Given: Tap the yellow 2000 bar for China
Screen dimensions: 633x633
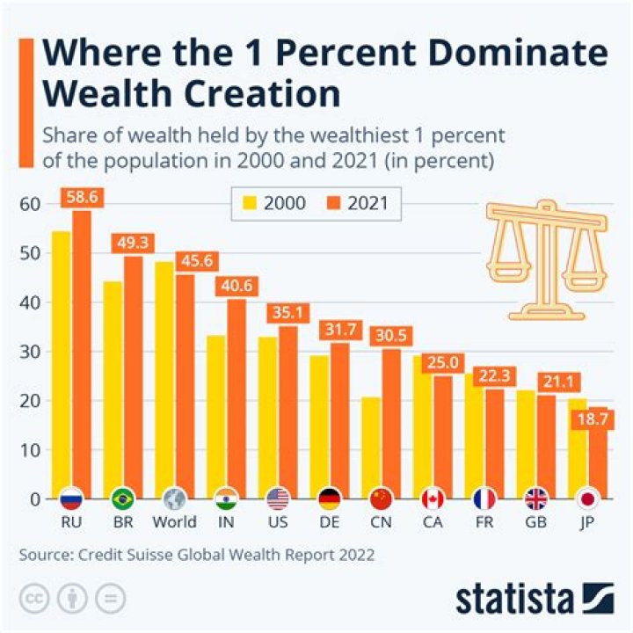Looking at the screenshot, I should pos(369,444).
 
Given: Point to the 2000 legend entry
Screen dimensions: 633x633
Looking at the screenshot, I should pos(273,204).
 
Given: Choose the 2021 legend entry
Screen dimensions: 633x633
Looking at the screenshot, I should pos(364,204).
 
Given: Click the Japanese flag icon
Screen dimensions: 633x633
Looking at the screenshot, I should pos(587,499).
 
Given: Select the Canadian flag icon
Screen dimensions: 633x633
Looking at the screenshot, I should pos(433,499).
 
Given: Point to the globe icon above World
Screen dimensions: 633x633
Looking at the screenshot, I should pos(175,499).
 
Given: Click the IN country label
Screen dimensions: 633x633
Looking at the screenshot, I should pos(227,522).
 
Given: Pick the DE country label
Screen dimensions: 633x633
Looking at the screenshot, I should pos(330,522).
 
